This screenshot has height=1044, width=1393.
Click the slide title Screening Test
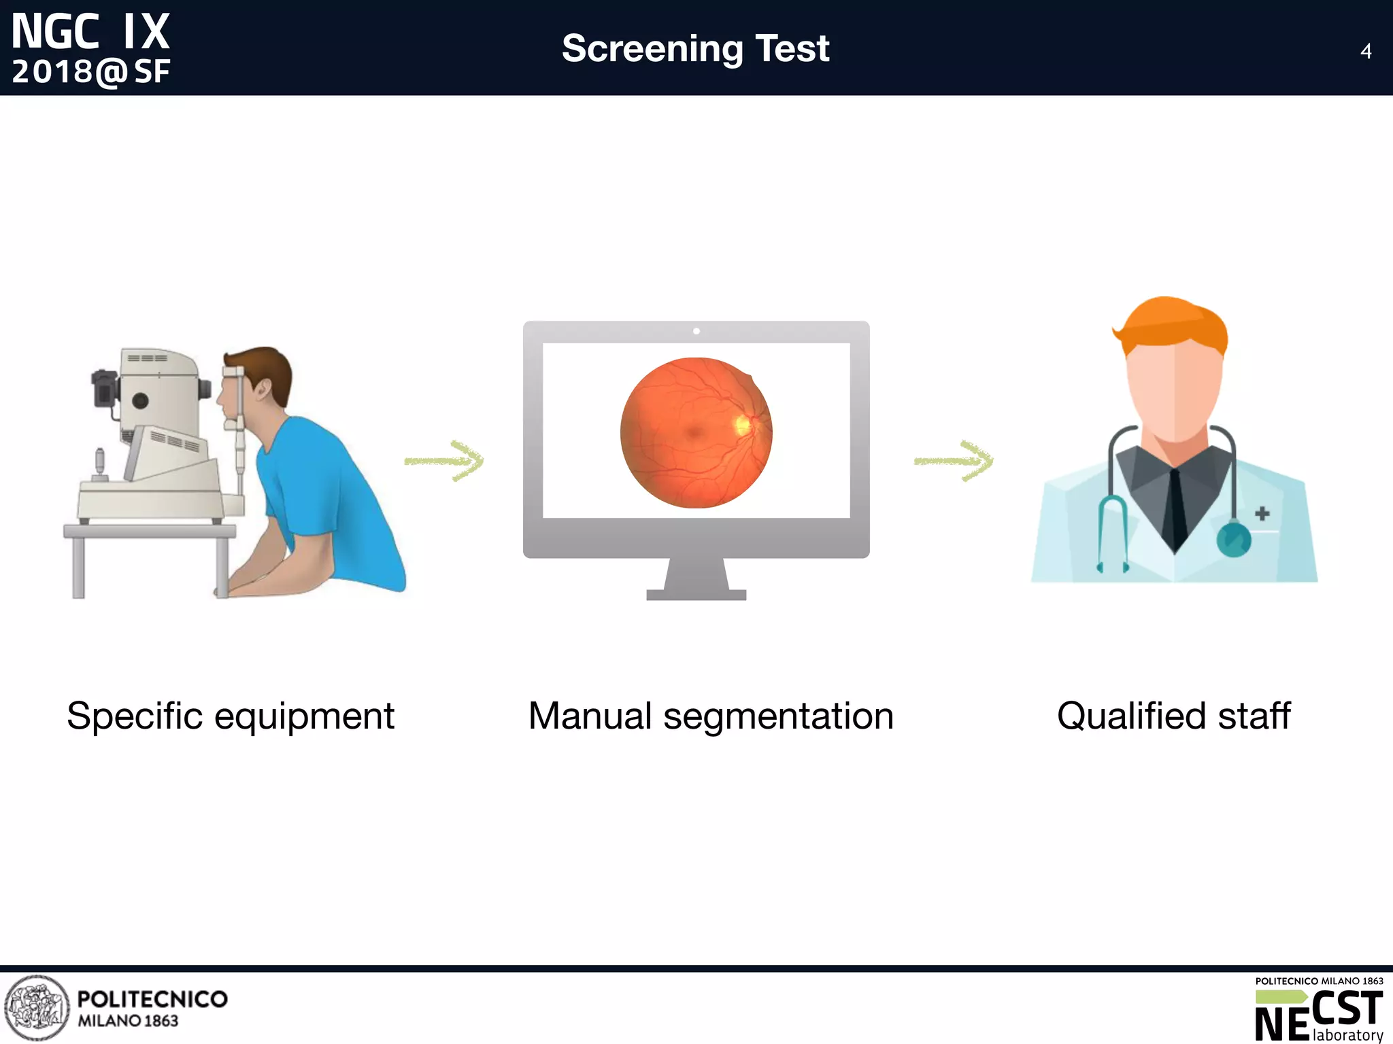[695, 48]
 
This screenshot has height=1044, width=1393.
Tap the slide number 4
[1365, 51]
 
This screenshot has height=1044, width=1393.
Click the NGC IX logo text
[90, 33]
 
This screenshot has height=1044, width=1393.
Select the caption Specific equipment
[231, 716]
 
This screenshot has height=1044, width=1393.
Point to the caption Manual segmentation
[711, 716]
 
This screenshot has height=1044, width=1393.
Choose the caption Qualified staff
[1173, 716]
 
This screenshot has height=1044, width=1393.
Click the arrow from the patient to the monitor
[443, 461]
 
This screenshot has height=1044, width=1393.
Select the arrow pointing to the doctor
[953, 461]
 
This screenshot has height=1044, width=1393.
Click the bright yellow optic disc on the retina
[742, 425]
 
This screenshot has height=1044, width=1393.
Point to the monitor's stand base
[696, 594]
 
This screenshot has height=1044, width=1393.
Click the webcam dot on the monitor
[696, 331]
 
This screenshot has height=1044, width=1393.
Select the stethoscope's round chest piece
[1233, 539]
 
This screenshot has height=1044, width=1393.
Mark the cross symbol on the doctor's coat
[1262, 513]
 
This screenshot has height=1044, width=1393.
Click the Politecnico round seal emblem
[37, 1008]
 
